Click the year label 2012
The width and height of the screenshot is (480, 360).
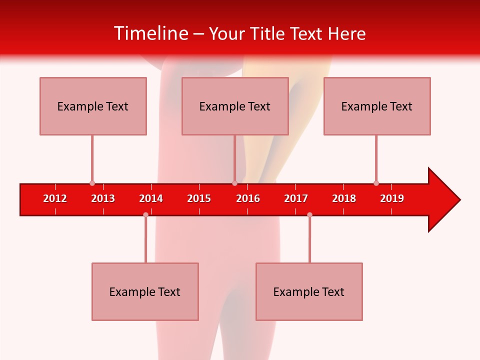[x=55, y=198]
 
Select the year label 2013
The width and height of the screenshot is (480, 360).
[x=103, y=198]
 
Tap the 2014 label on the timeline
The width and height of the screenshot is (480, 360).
[x=151, y=198]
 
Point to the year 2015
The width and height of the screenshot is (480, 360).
[x=199, y=198]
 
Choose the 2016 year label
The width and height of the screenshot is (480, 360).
[x=248, y=198]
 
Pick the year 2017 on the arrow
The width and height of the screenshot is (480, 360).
[x=296, y=198]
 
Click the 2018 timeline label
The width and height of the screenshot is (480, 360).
[x=344, y=198]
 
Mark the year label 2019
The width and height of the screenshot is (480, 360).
[x=392, y=198]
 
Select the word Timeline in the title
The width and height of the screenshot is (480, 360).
[x=150, y=33]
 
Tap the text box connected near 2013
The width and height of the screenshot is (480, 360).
[x=93, y=106]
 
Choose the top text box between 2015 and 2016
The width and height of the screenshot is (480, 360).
[x=235, y=106]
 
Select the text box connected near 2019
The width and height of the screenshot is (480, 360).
[x=377, y=106]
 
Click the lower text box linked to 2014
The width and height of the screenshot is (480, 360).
[x=145, y=291]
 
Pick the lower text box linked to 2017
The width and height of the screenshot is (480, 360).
[x=309, y=291]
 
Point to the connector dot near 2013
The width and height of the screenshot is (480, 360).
[x=92, y=183]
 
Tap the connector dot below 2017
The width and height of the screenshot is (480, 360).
[x=309, y=214]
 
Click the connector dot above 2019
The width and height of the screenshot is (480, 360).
[x=376, y=183]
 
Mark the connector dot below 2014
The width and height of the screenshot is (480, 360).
[x=145, y=214]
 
